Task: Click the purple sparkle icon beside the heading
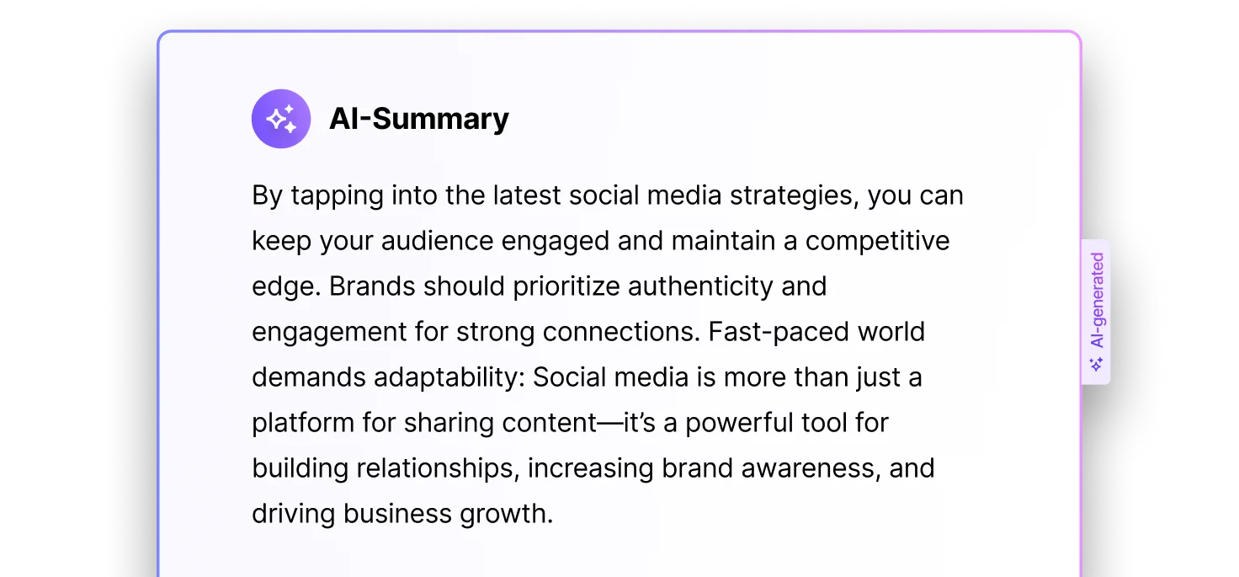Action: (x=281, y=119)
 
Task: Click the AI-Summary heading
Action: (x=418, y=119)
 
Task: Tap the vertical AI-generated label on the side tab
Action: (x=1097, y=300)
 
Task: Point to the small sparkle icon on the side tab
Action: (x=1096, y=365)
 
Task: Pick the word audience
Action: (x=437, y=241)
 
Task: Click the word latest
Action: (x=527, y=196)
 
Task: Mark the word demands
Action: (x=309, y=377)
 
